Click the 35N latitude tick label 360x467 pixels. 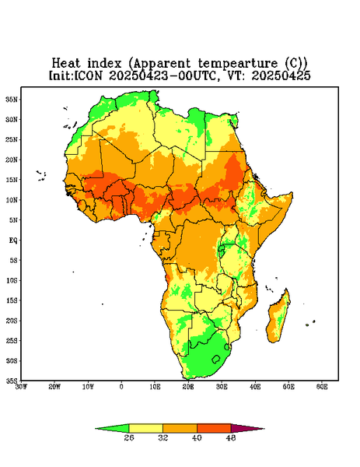pyautogui.click(x=12, y=100)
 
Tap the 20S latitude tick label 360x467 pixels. pyautogui.click(x=12, y=321)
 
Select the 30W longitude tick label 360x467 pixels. pyautogui.click(x=21, y=387)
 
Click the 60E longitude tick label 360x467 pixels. pyautogui.click(x=322, y=387)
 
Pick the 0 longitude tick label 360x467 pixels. pyautogui.click(x=121, y=387)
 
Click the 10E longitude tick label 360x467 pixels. pyautogui.click(x=155, y=387)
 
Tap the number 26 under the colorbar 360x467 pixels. pyautogui.click(x=129, y=437)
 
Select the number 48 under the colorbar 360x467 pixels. pyautogui.click(x=231, y=437)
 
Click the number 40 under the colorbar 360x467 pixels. pyautogui.click(x=197, y=437)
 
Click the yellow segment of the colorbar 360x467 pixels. pyautogui.click(x=145, y=428)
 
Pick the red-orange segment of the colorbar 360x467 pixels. pyautogui.click(x=214, y=428)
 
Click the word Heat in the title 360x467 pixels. pyautogui.click(x=66, y=64)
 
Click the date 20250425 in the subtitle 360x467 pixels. pyautogui.click(x=281, y=75)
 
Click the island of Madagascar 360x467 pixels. pyautogui.click(x=278, y=318)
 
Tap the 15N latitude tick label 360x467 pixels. pyautogui.click(x=12, y=180)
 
